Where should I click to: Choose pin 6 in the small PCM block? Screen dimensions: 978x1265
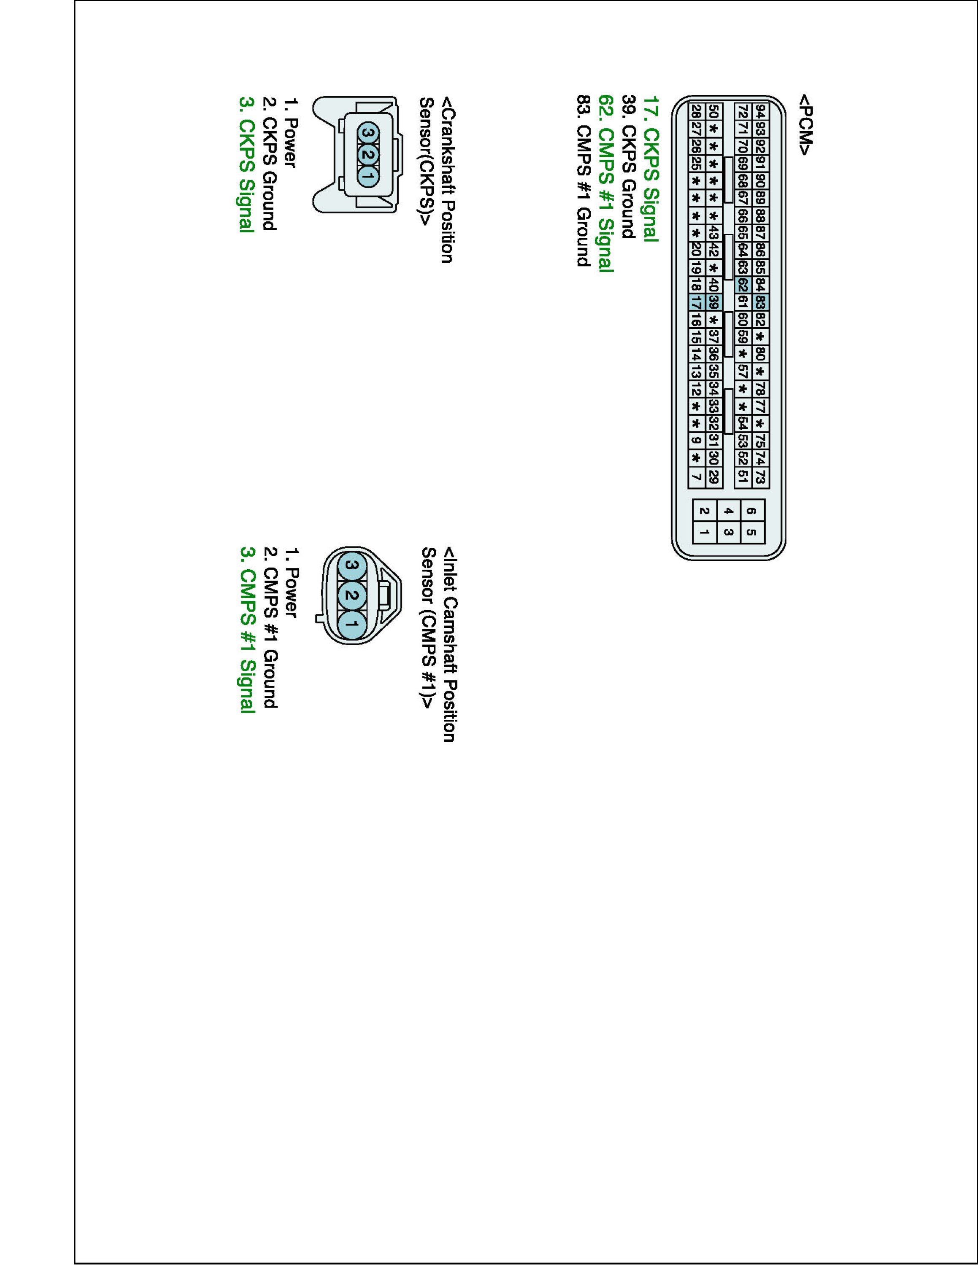[751, 511]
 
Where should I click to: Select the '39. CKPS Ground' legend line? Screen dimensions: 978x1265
[629, 166]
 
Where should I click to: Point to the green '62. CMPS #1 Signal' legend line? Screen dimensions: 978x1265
[605, 183]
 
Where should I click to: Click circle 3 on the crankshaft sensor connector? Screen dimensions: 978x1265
[368, 134]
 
